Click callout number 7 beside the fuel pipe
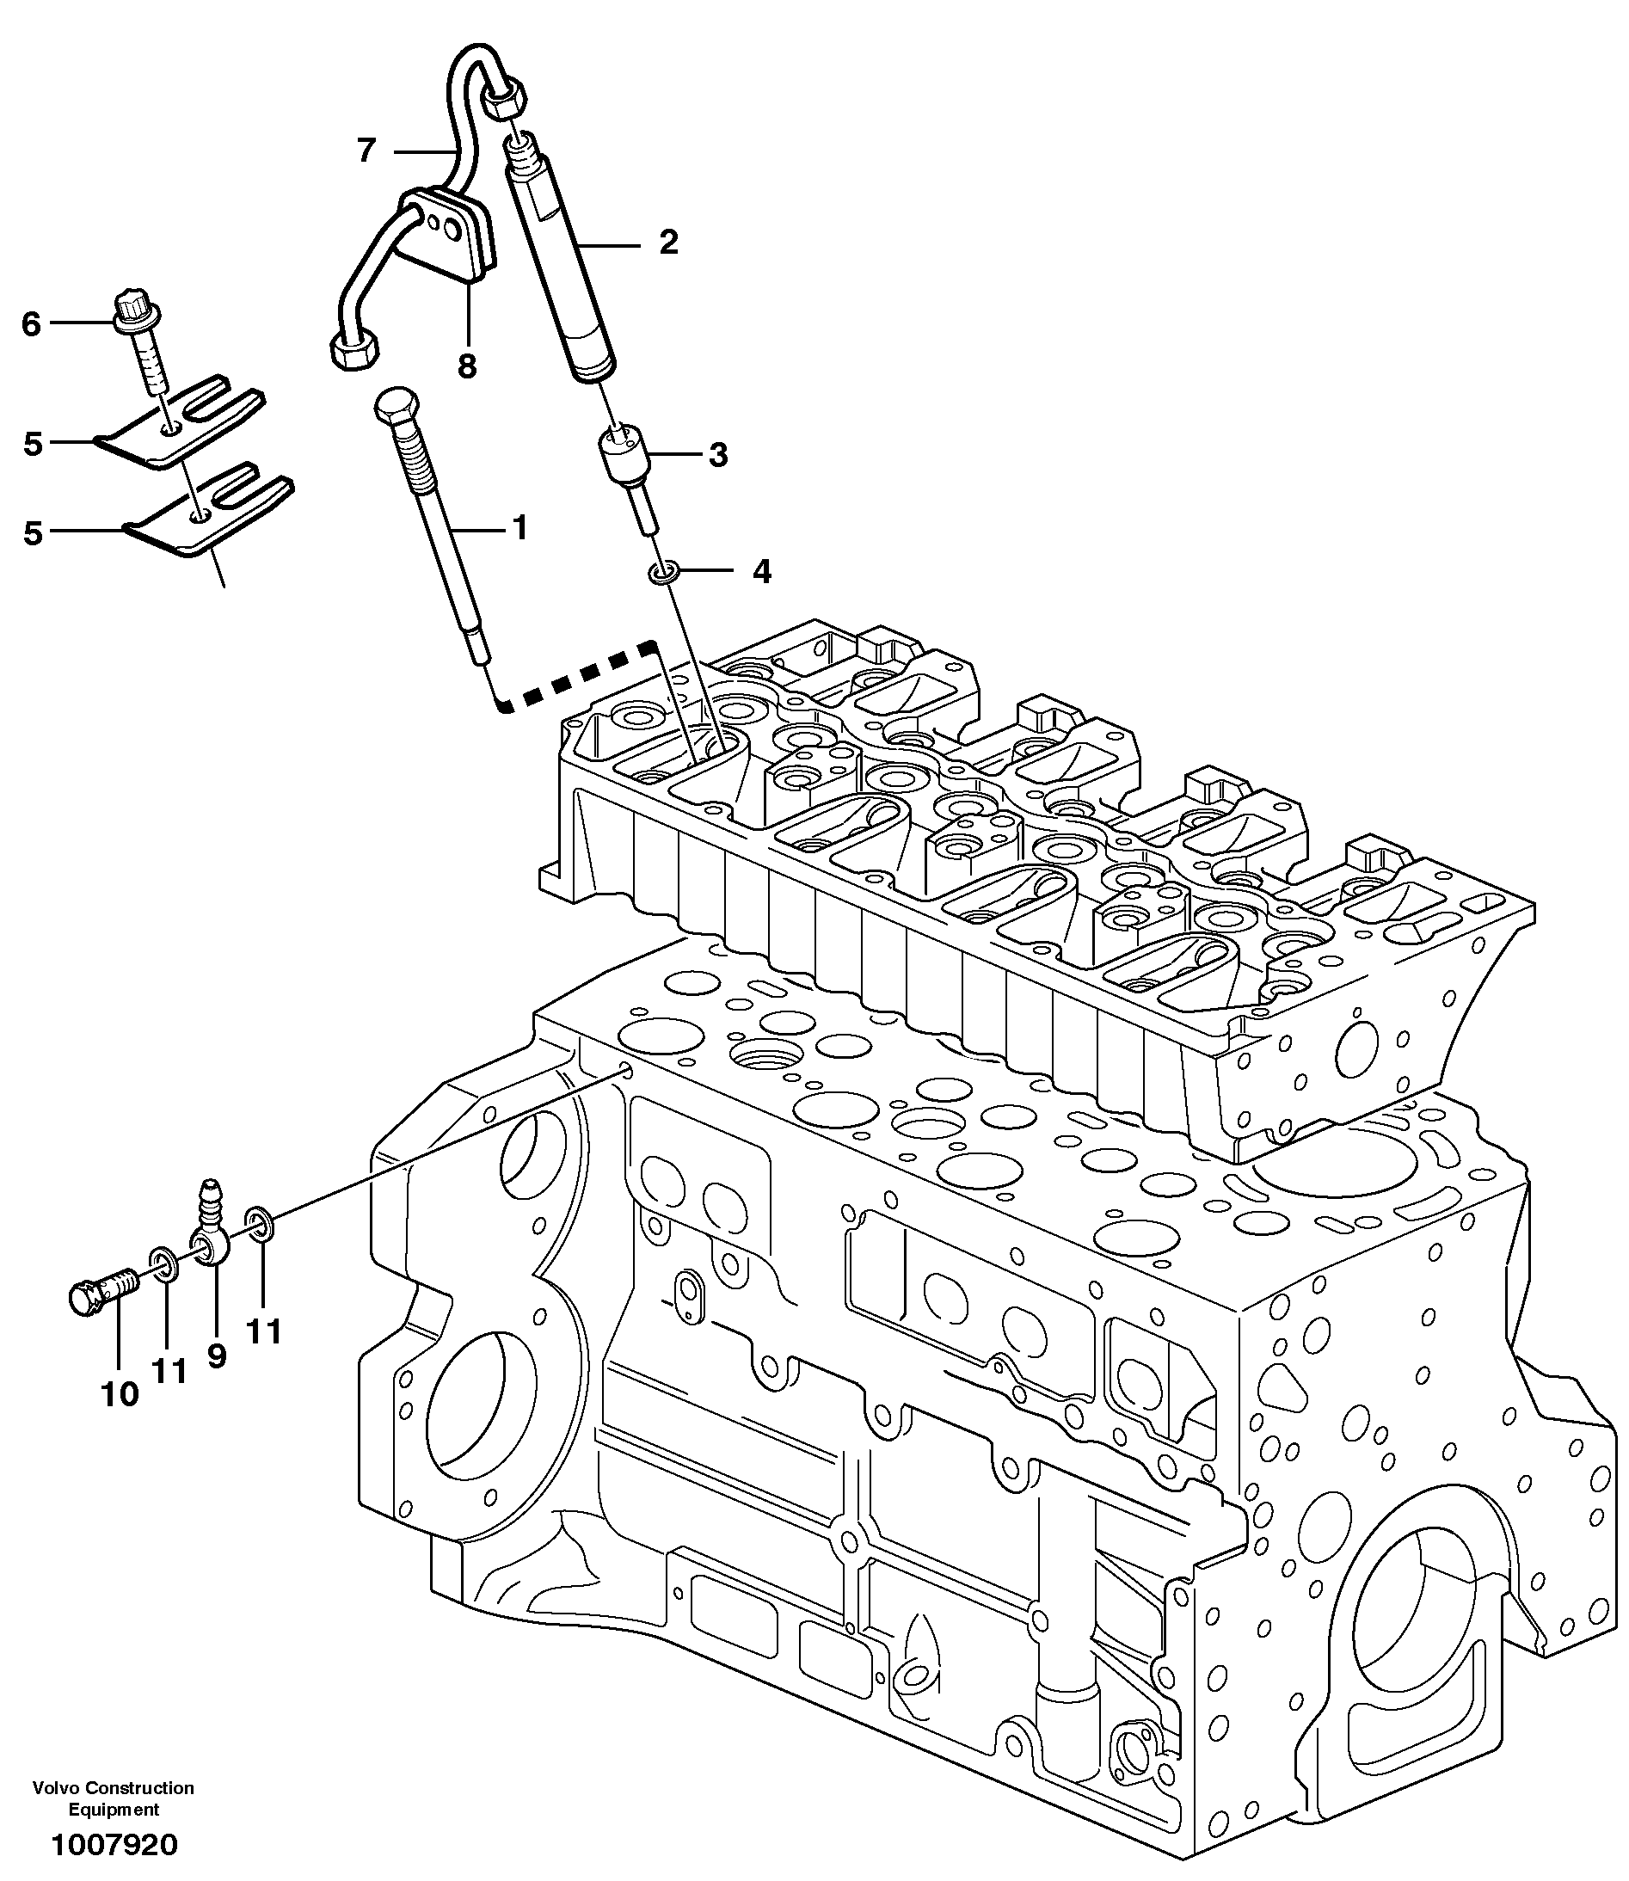(366, 150)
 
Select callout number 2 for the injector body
(668, 243)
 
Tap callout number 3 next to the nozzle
(718, 455)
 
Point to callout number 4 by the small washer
(762, 571)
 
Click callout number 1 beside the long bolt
(520, 526)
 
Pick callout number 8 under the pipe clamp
(466, 366)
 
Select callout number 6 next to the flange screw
(32, 323)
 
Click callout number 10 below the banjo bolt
(119, 1393)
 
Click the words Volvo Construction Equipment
(114, 1798)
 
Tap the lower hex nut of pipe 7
(353, 350)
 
